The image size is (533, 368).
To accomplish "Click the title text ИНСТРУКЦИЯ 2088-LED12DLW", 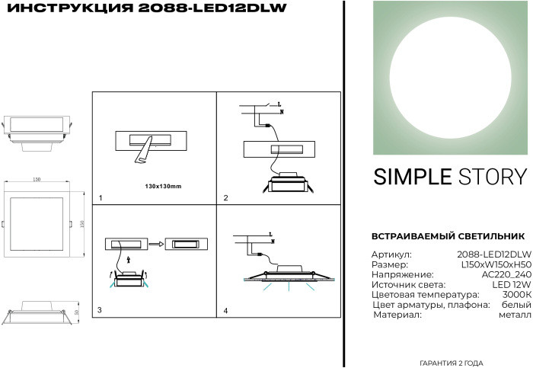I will pos(144,9).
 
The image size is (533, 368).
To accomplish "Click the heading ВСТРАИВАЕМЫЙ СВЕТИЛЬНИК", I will pos(448,236).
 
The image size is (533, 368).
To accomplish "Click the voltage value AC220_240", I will pos(506,274).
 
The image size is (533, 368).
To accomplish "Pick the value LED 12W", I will pos(512,284).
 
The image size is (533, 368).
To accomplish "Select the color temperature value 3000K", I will pos(516,294).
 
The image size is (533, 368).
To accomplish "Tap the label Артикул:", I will pos(391,254).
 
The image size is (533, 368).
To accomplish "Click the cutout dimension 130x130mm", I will pos(163,186).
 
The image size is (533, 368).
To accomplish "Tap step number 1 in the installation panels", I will pos(100,198).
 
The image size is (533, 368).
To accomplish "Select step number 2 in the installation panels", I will pos(225,198).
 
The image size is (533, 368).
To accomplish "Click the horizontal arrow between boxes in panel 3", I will pos(156,245).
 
